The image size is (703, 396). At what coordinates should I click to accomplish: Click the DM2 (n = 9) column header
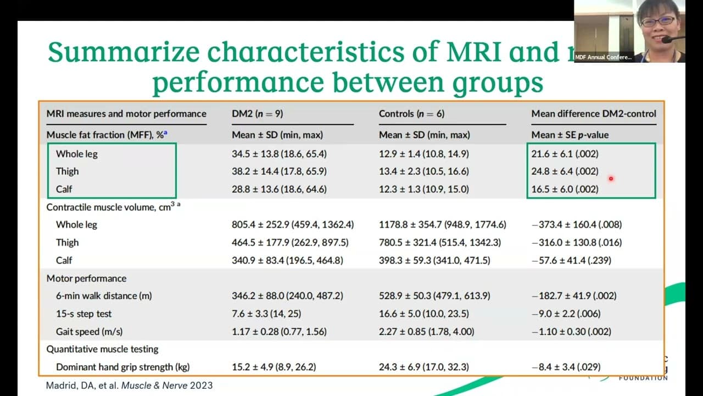tap(257, 114)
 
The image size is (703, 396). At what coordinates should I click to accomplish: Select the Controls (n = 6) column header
tap(411, 114)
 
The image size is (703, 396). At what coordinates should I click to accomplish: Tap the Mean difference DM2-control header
tap(594, 114)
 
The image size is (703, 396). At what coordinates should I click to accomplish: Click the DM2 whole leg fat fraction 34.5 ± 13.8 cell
tap(279, 154)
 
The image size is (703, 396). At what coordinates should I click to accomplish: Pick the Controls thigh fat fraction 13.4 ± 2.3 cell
tap(423, 172)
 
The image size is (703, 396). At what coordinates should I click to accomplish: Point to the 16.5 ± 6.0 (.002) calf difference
tap(565, 189)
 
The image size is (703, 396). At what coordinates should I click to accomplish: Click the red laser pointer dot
tap(610, 178)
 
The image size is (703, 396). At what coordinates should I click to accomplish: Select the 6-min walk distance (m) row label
tap(103, 296)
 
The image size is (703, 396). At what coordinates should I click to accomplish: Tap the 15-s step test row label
tap(83, 313)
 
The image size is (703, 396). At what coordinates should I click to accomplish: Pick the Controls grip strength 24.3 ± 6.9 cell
tap(423, 367)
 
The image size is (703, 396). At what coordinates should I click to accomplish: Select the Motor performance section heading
tap(86, 278)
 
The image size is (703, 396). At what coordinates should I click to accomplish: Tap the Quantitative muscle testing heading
tap(102, 349)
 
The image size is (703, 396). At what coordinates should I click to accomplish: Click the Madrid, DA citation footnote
tap(129, 386)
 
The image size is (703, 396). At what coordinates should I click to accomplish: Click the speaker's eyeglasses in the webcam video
tap(657, 21)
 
